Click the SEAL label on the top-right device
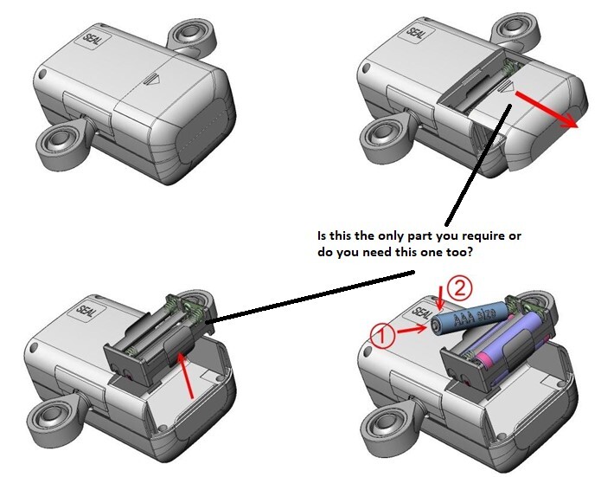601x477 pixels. click(415, 34)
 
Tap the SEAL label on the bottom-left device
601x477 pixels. click(86, 311)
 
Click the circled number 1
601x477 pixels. click(382, 335)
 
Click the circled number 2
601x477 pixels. click(460, 288)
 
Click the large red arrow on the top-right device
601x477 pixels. click(547, 108)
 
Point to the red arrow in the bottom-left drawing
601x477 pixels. click(185, 376)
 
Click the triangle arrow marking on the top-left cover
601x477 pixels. click(152, 81)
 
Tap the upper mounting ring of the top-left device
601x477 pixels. click(192, 35)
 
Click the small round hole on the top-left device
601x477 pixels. click(42, 74)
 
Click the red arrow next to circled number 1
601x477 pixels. click(412, 329)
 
